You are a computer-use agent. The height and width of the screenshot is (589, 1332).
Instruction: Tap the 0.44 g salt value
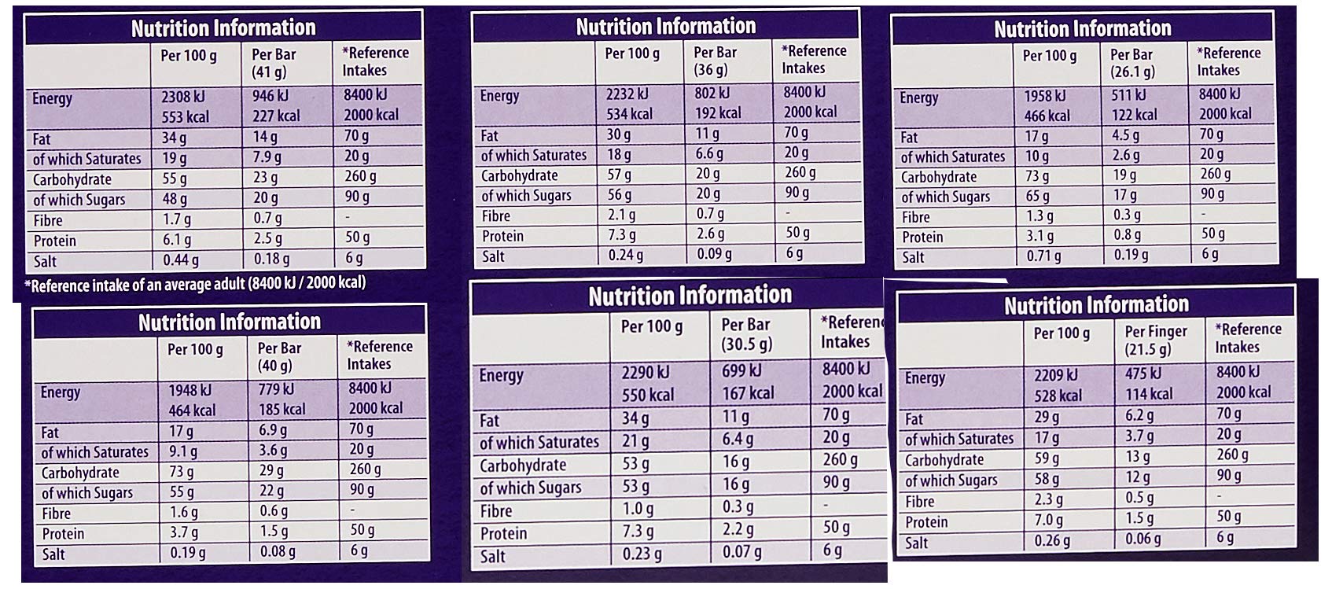coord(181,260)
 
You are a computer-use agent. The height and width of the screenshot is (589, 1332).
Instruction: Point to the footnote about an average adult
coord(196,284)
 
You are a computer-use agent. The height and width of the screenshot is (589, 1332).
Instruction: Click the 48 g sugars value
coord(175,199)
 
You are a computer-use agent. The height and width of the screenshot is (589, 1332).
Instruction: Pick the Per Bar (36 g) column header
coord(715,61)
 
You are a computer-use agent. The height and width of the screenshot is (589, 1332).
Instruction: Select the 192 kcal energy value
coord(718,112)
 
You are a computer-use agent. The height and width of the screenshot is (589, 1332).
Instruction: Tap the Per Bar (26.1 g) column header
coord(1132,63)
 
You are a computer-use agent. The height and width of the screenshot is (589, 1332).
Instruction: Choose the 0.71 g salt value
coord(1043,256)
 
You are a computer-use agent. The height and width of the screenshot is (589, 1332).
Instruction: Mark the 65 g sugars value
coord(1037,197)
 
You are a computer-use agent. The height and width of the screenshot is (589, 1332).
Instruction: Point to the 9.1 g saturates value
coord(183,451)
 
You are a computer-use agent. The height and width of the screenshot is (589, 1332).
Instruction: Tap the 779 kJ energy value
coord(276,389)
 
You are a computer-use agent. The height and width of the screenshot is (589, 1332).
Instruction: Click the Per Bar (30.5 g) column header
coord(747,333)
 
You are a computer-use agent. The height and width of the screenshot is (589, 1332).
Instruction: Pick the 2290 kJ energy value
coord(646,372)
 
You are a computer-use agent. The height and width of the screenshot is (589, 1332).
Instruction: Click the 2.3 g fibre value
coord(1049,500)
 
